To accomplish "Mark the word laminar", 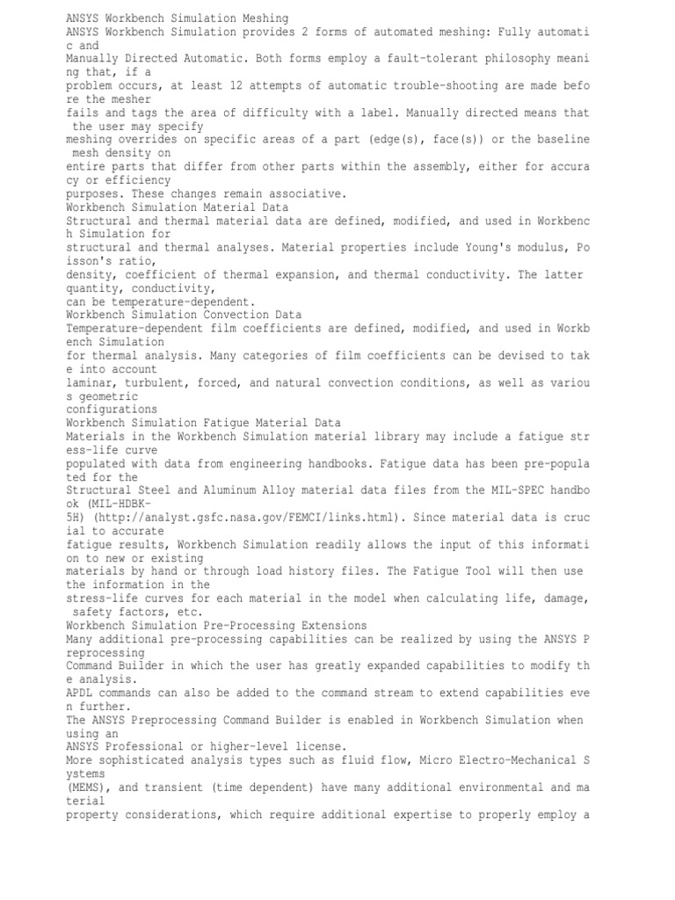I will [91, 382].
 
